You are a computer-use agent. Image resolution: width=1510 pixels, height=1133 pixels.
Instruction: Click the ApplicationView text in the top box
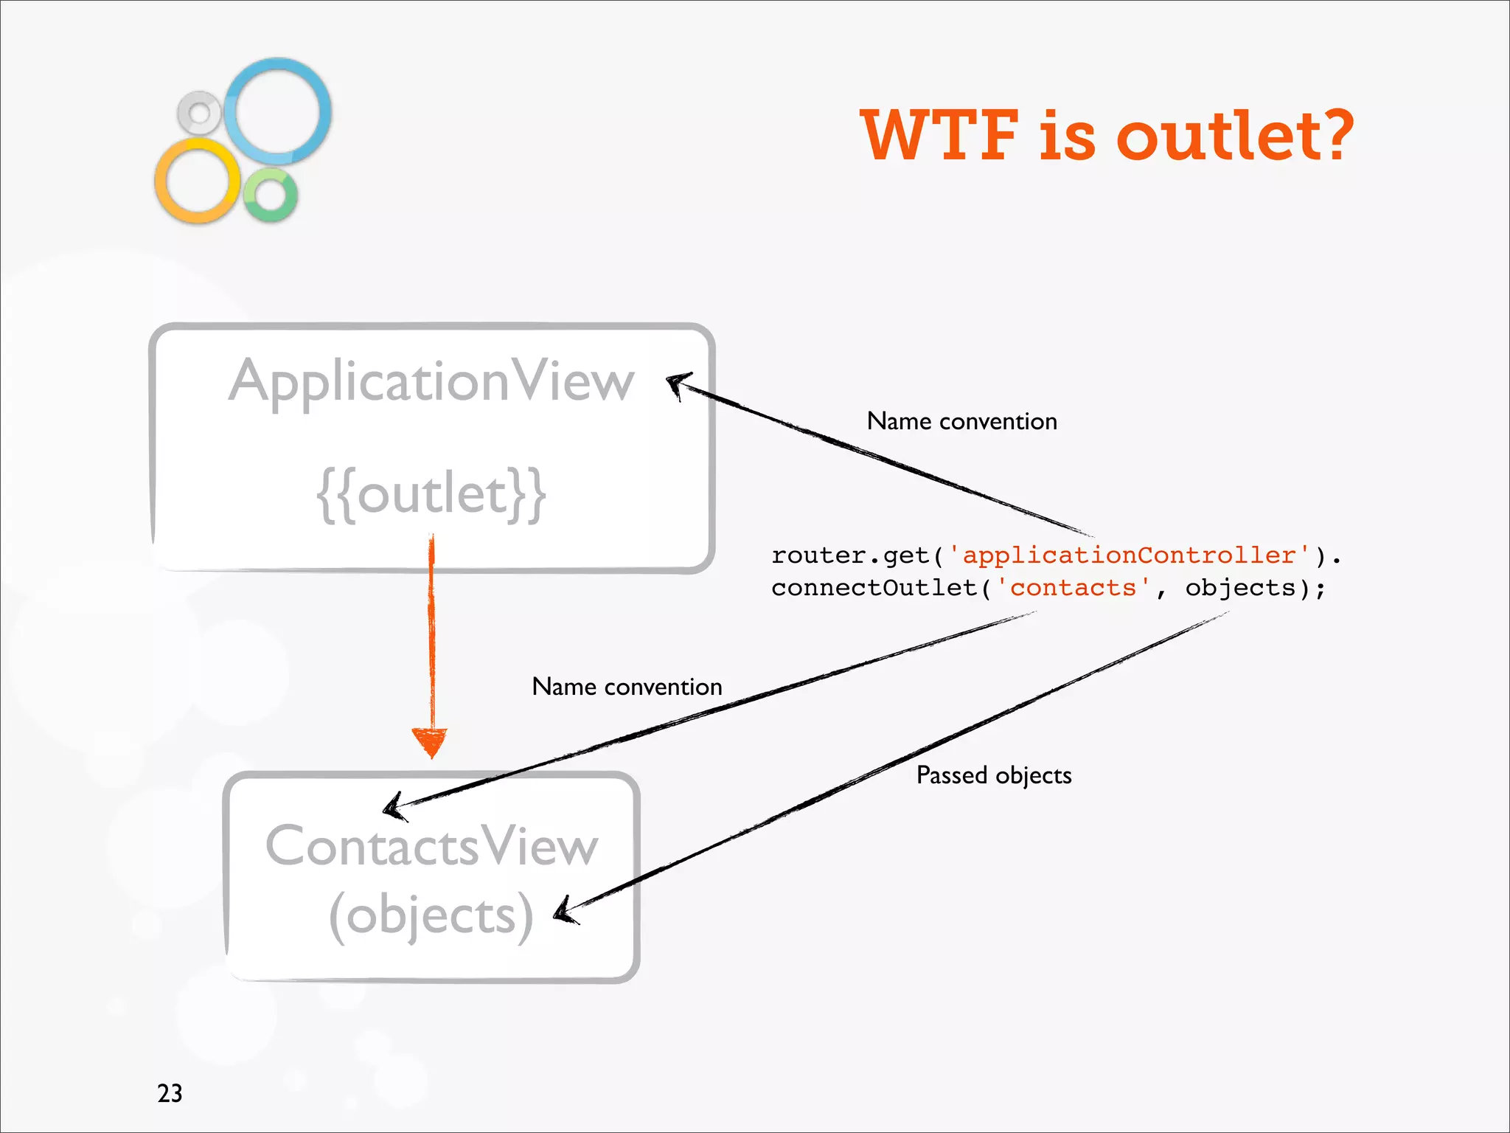[x=431, y=382]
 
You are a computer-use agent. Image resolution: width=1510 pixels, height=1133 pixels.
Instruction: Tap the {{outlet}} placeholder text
[x=431, y=493]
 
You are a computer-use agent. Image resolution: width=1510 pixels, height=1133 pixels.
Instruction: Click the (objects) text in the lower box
[x=431, y=915]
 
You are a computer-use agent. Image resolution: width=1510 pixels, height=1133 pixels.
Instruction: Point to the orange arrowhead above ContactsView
[x=430, y=741]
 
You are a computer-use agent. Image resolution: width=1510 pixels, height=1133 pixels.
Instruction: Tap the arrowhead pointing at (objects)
[x=566, y=911]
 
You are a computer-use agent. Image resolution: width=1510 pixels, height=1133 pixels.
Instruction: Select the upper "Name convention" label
[x=961, y=421]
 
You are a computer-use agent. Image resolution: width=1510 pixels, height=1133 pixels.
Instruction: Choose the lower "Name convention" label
[x=627, y=687]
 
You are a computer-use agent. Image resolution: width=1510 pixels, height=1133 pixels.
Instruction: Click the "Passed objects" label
[x=993, y=775]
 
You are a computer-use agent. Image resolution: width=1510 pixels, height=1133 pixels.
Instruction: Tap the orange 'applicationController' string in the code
[x=1129, y=555]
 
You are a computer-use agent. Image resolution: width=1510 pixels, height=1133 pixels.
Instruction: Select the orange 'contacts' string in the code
[x=1073, y=588]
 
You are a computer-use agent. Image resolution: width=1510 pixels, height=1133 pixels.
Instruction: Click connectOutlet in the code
[x=874, y=588]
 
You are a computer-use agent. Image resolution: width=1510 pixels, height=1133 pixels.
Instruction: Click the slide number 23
[x=170, y=1092]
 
